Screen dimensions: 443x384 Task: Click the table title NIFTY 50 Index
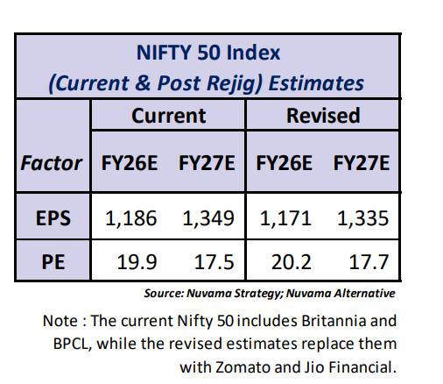tap(208, 53)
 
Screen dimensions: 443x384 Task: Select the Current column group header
tap(169, 116)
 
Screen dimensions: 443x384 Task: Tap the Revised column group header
tap(323, 116)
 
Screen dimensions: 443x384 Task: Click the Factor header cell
tap(52, 163)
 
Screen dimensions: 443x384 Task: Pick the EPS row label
tap(53, 218)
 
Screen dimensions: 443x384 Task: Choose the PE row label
tap(53, 262)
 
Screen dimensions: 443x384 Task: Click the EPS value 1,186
tap(130, 218)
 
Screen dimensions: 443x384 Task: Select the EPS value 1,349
tap(208, 218)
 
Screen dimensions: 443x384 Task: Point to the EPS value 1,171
tap(285, 218)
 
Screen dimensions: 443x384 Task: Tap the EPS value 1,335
tap(363, 218)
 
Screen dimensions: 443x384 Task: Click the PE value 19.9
tap(137, 262)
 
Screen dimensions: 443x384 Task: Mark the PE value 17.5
tap(214, 262)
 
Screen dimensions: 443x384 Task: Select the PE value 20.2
tap(292, 262)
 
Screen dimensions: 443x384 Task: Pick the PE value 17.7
tap(369, 262)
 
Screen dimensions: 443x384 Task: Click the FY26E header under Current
tap(130, 163)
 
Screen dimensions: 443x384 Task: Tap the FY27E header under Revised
tap(362, 163)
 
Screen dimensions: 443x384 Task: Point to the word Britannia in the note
tap(334, 321)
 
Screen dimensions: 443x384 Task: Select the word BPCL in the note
tap(71, 344)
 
